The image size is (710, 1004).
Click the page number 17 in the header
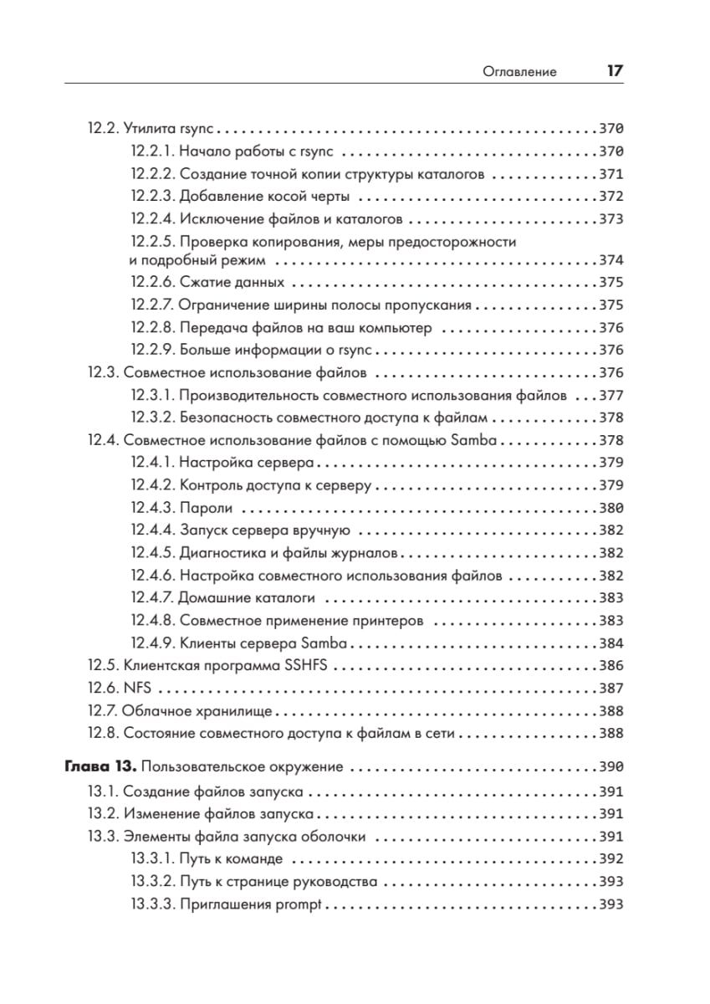click(614, 71)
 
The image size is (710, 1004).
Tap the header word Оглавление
click(519, 72)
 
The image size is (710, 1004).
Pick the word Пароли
click(206, 508)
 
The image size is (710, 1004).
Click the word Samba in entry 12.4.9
click(327, 643)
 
